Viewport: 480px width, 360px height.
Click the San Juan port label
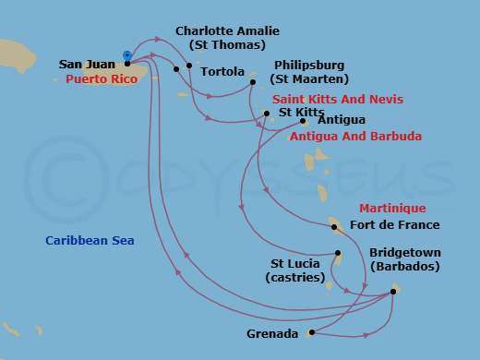88,65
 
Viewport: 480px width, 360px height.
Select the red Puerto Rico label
102,79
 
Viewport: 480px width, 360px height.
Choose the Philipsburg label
308,72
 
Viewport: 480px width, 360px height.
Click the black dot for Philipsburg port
252,82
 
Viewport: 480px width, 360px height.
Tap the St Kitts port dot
267,114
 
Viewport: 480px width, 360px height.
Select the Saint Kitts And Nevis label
337,100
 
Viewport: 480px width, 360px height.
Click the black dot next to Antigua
303,120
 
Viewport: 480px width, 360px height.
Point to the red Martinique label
392,209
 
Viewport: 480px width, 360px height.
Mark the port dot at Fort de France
333,226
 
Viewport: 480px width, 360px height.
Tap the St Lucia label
294,270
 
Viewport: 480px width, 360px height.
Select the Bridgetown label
405,258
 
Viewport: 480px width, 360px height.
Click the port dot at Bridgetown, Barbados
393,291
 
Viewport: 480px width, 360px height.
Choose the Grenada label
272,334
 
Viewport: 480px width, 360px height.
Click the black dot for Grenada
312,332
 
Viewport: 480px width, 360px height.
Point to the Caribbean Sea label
90,241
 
